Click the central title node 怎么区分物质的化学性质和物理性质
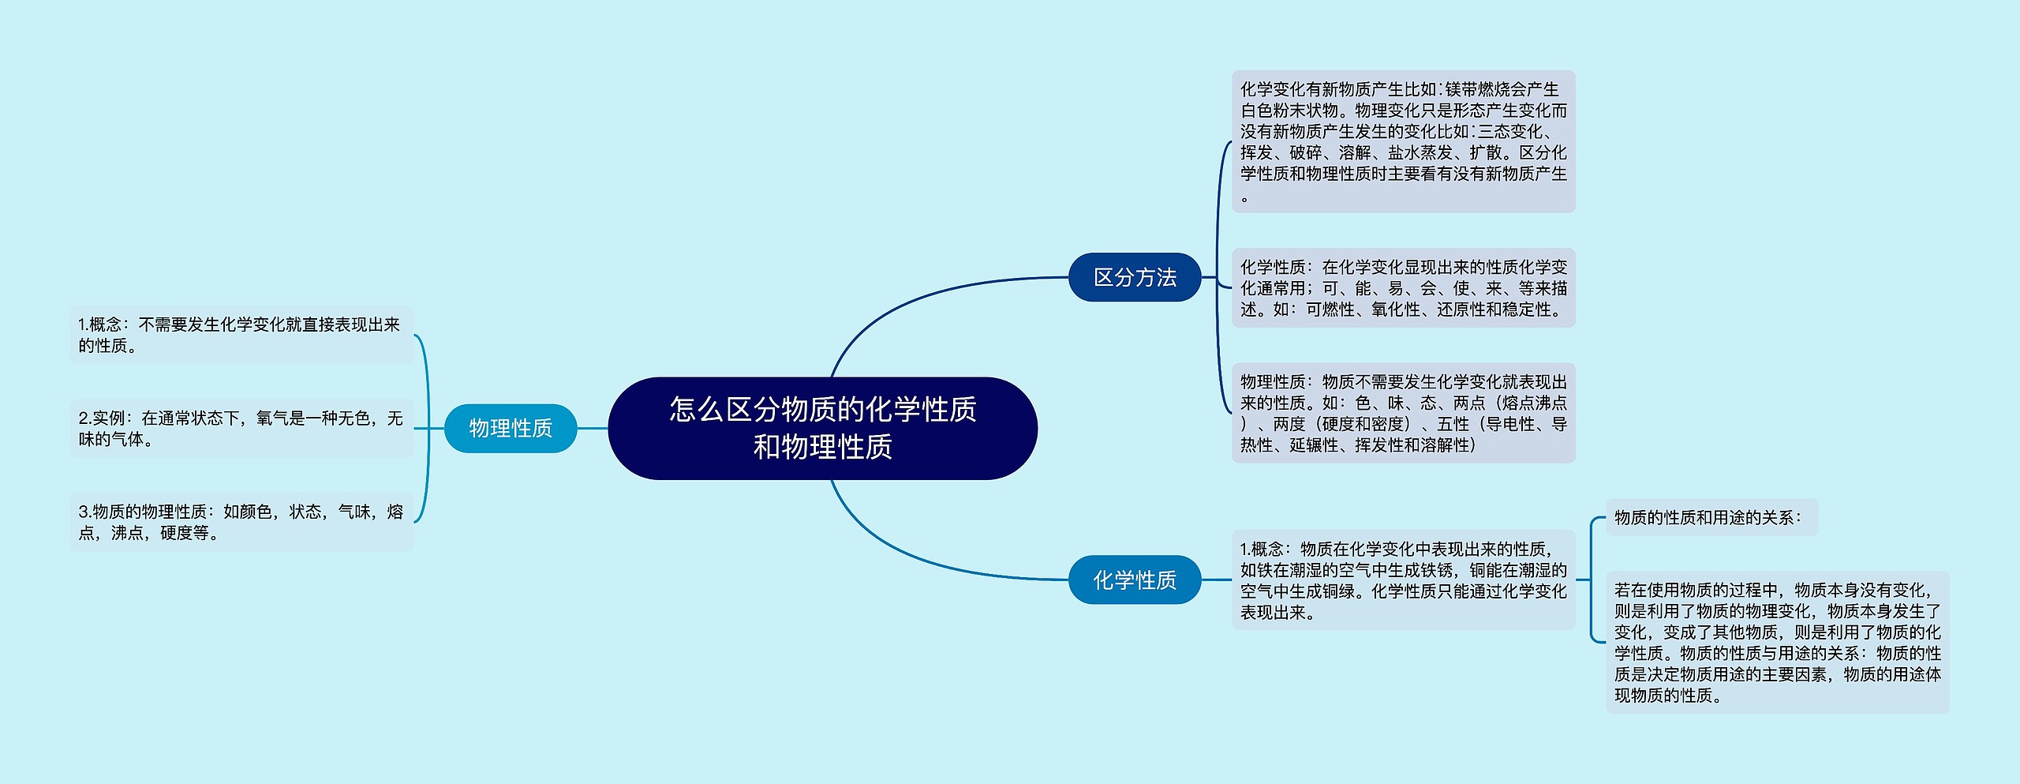click(822, 428)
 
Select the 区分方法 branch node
click(1135, 277)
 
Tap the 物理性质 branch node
click(511, 428)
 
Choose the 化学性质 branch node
click(1135, 580)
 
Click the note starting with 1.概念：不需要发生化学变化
click(241, 335)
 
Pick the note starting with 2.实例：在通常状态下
click(241, 429)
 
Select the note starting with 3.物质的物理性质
click(241, 522)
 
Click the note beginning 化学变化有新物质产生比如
click(1404, 141)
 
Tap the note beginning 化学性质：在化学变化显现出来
click(1404, 288)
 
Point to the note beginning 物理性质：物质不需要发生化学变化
click(1404, 413)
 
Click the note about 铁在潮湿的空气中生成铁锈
click(1404, 580)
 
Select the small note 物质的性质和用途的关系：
click(1712, 517)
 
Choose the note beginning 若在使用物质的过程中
click(1778, 642)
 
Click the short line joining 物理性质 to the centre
click(593, 428)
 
